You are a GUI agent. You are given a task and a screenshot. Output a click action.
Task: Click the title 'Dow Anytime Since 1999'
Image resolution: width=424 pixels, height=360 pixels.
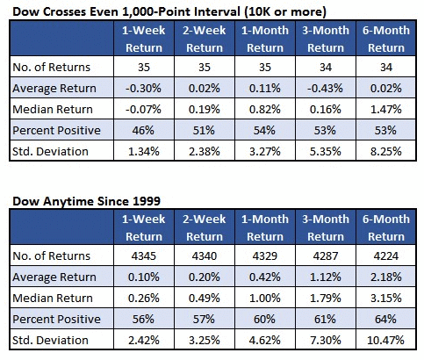pos(87,201)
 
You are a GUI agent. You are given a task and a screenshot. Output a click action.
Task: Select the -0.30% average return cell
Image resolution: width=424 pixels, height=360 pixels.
pos(143,88)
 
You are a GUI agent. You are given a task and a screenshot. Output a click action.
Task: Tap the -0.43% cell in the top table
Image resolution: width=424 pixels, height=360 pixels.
pos(325,88)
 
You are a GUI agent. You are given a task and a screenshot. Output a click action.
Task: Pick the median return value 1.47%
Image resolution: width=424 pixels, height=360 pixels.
pos(386,109)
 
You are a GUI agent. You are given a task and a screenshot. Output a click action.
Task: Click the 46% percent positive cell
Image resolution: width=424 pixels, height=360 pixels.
pos(143,130)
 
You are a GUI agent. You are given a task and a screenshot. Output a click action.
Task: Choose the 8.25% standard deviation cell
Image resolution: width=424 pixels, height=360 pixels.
pos(386,151)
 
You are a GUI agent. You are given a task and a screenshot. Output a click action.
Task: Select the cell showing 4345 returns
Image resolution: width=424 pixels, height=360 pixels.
pos(144,256)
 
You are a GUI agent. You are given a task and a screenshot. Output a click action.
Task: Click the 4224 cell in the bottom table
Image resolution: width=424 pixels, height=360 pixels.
pos(386,256)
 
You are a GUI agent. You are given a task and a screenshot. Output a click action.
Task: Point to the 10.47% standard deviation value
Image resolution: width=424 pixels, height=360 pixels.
pos(385,341)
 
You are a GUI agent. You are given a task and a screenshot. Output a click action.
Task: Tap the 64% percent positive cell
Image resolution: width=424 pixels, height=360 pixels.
pos(385,319)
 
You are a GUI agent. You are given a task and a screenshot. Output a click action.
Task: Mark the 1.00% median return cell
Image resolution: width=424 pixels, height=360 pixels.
pos(265,298)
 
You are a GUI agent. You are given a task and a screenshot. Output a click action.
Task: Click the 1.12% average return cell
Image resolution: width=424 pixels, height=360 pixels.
pos(326,277)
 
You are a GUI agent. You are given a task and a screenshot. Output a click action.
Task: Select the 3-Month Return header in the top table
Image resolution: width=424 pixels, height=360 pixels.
pos(326,39)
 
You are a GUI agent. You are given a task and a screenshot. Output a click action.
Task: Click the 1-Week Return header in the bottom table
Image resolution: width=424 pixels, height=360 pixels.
pos(144,227)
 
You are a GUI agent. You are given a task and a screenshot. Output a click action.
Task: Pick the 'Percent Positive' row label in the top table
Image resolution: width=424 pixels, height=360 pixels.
pos(56,130)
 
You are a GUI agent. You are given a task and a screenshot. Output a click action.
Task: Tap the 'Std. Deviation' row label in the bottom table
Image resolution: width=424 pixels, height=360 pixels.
pos(50,341)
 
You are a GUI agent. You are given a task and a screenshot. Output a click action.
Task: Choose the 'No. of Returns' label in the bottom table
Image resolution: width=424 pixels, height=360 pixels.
pos(52,256)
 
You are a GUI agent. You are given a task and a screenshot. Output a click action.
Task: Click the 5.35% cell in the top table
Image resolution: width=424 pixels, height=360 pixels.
pos(326,151)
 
